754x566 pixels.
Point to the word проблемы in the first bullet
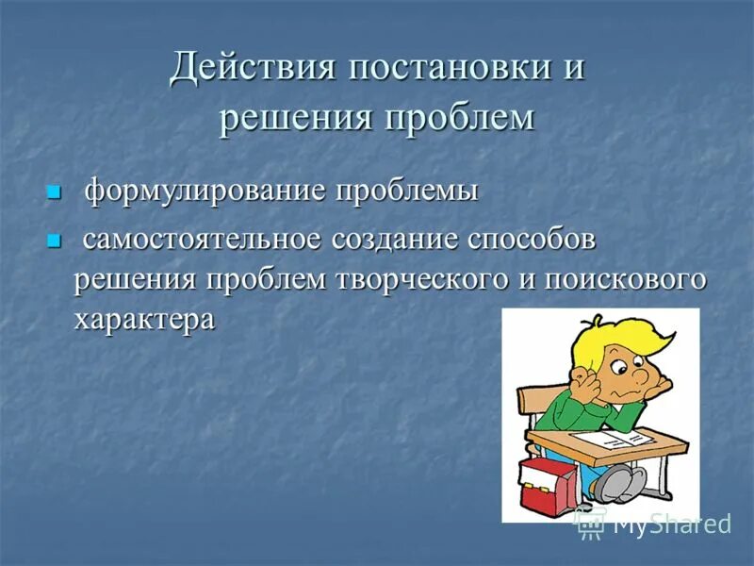tap(407, 191)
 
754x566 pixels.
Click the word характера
tap(143, 319)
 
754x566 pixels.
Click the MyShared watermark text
tap(671, 524)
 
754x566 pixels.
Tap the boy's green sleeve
tap(565, 406)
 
